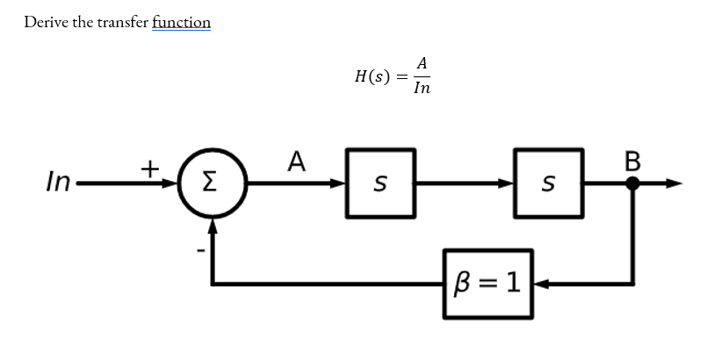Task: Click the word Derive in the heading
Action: point(45,22)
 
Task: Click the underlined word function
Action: point(181,22)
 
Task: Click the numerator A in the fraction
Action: point(422,63)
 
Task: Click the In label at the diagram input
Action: point(59,184)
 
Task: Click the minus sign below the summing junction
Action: point(200,251)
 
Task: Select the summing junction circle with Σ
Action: point(212,184)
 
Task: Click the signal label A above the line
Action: point(296,162)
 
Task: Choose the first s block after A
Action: point(380,184)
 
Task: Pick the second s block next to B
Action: point(549,184)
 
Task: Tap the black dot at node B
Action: point(632,184)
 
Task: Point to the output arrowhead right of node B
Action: point(674,184)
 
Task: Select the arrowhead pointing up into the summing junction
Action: point(212,227)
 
